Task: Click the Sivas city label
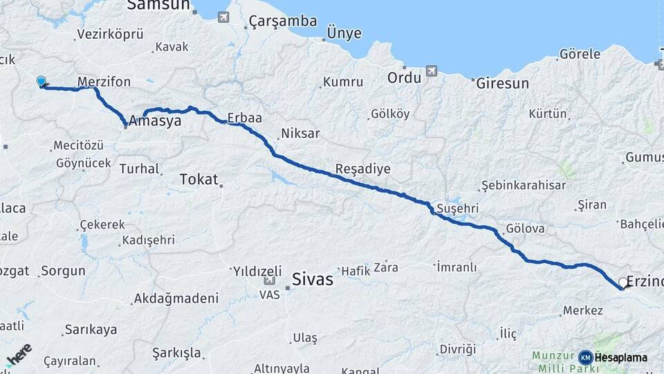313,280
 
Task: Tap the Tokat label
199,179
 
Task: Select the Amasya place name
155,121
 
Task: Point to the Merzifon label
104,82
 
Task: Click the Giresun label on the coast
503,83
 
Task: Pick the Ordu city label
404,78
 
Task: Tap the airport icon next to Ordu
432,70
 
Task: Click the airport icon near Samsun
223,16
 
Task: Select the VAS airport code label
269,294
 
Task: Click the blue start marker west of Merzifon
41,82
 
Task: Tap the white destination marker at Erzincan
622,283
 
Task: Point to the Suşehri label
457,208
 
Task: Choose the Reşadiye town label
363,169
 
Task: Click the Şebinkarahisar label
524,185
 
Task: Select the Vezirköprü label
110,33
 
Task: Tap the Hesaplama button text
620,357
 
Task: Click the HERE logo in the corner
19,355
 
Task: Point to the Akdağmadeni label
176,299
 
